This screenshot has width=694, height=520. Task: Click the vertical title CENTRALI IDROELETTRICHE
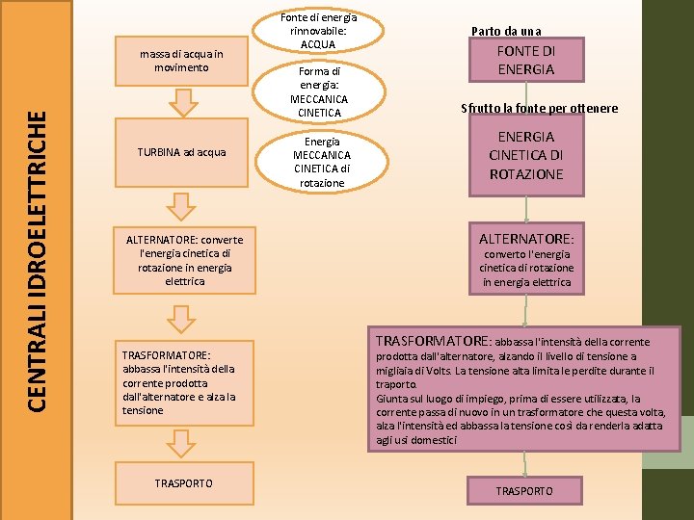pos(36,261)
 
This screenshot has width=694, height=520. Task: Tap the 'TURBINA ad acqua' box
pos(180,152)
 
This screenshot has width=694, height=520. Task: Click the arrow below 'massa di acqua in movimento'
pos(180,101)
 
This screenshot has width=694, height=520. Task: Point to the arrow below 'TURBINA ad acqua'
pos(180,205)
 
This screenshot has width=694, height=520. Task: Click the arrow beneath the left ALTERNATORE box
pos(180,317)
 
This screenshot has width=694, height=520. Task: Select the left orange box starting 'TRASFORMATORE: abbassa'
pos(180,382)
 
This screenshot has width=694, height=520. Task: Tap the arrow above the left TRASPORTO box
pos(180,443)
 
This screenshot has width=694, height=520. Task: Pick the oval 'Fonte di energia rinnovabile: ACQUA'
pos(319,31)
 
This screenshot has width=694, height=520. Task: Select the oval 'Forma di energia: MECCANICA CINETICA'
pos(319,92)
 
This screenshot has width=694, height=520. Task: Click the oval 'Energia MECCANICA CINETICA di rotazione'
pos(321,161)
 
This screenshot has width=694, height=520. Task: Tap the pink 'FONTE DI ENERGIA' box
pos(525,60)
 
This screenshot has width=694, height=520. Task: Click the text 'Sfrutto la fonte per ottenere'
pos(539,108)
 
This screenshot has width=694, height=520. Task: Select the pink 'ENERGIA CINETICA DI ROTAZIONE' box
pos(526,156)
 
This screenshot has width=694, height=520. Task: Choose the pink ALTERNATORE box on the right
pos(526,258)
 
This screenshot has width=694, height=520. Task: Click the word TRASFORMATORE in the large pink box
pos(434,341)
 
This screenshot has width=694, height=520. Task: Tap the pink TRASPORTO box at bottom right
pos(524,491)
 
